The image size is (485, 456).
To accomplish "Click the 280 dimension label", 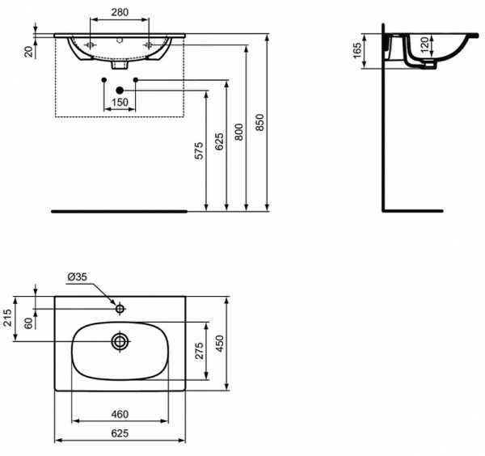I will pyautogui.click(x=120, y=12).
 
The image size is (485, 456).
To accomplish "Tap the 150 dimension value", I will pyautogui.click(x=120, y=103).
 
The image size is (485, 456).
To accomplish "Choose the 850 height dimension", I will pyautogui.click(x=259, y=123).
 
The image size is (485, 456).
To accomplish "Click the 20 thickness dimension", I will pyautogui.click(x=28, y=52).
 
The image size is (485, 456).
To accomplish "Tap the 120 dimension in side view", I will pyautogui.click(x=425, y=48).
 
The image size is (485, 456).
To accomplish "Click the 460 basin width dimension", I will pyautogui.click(x=120, y=415).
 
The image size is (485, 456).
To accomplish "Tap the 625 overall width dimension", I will pyautogui.click(x=120, y=433).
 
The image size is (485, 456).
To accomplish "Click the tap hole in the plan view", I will pyautogui.click(x=120, y=308).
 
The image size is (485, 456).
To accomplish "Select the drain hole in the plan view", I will pyautogui.click(x=120, y=341).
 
